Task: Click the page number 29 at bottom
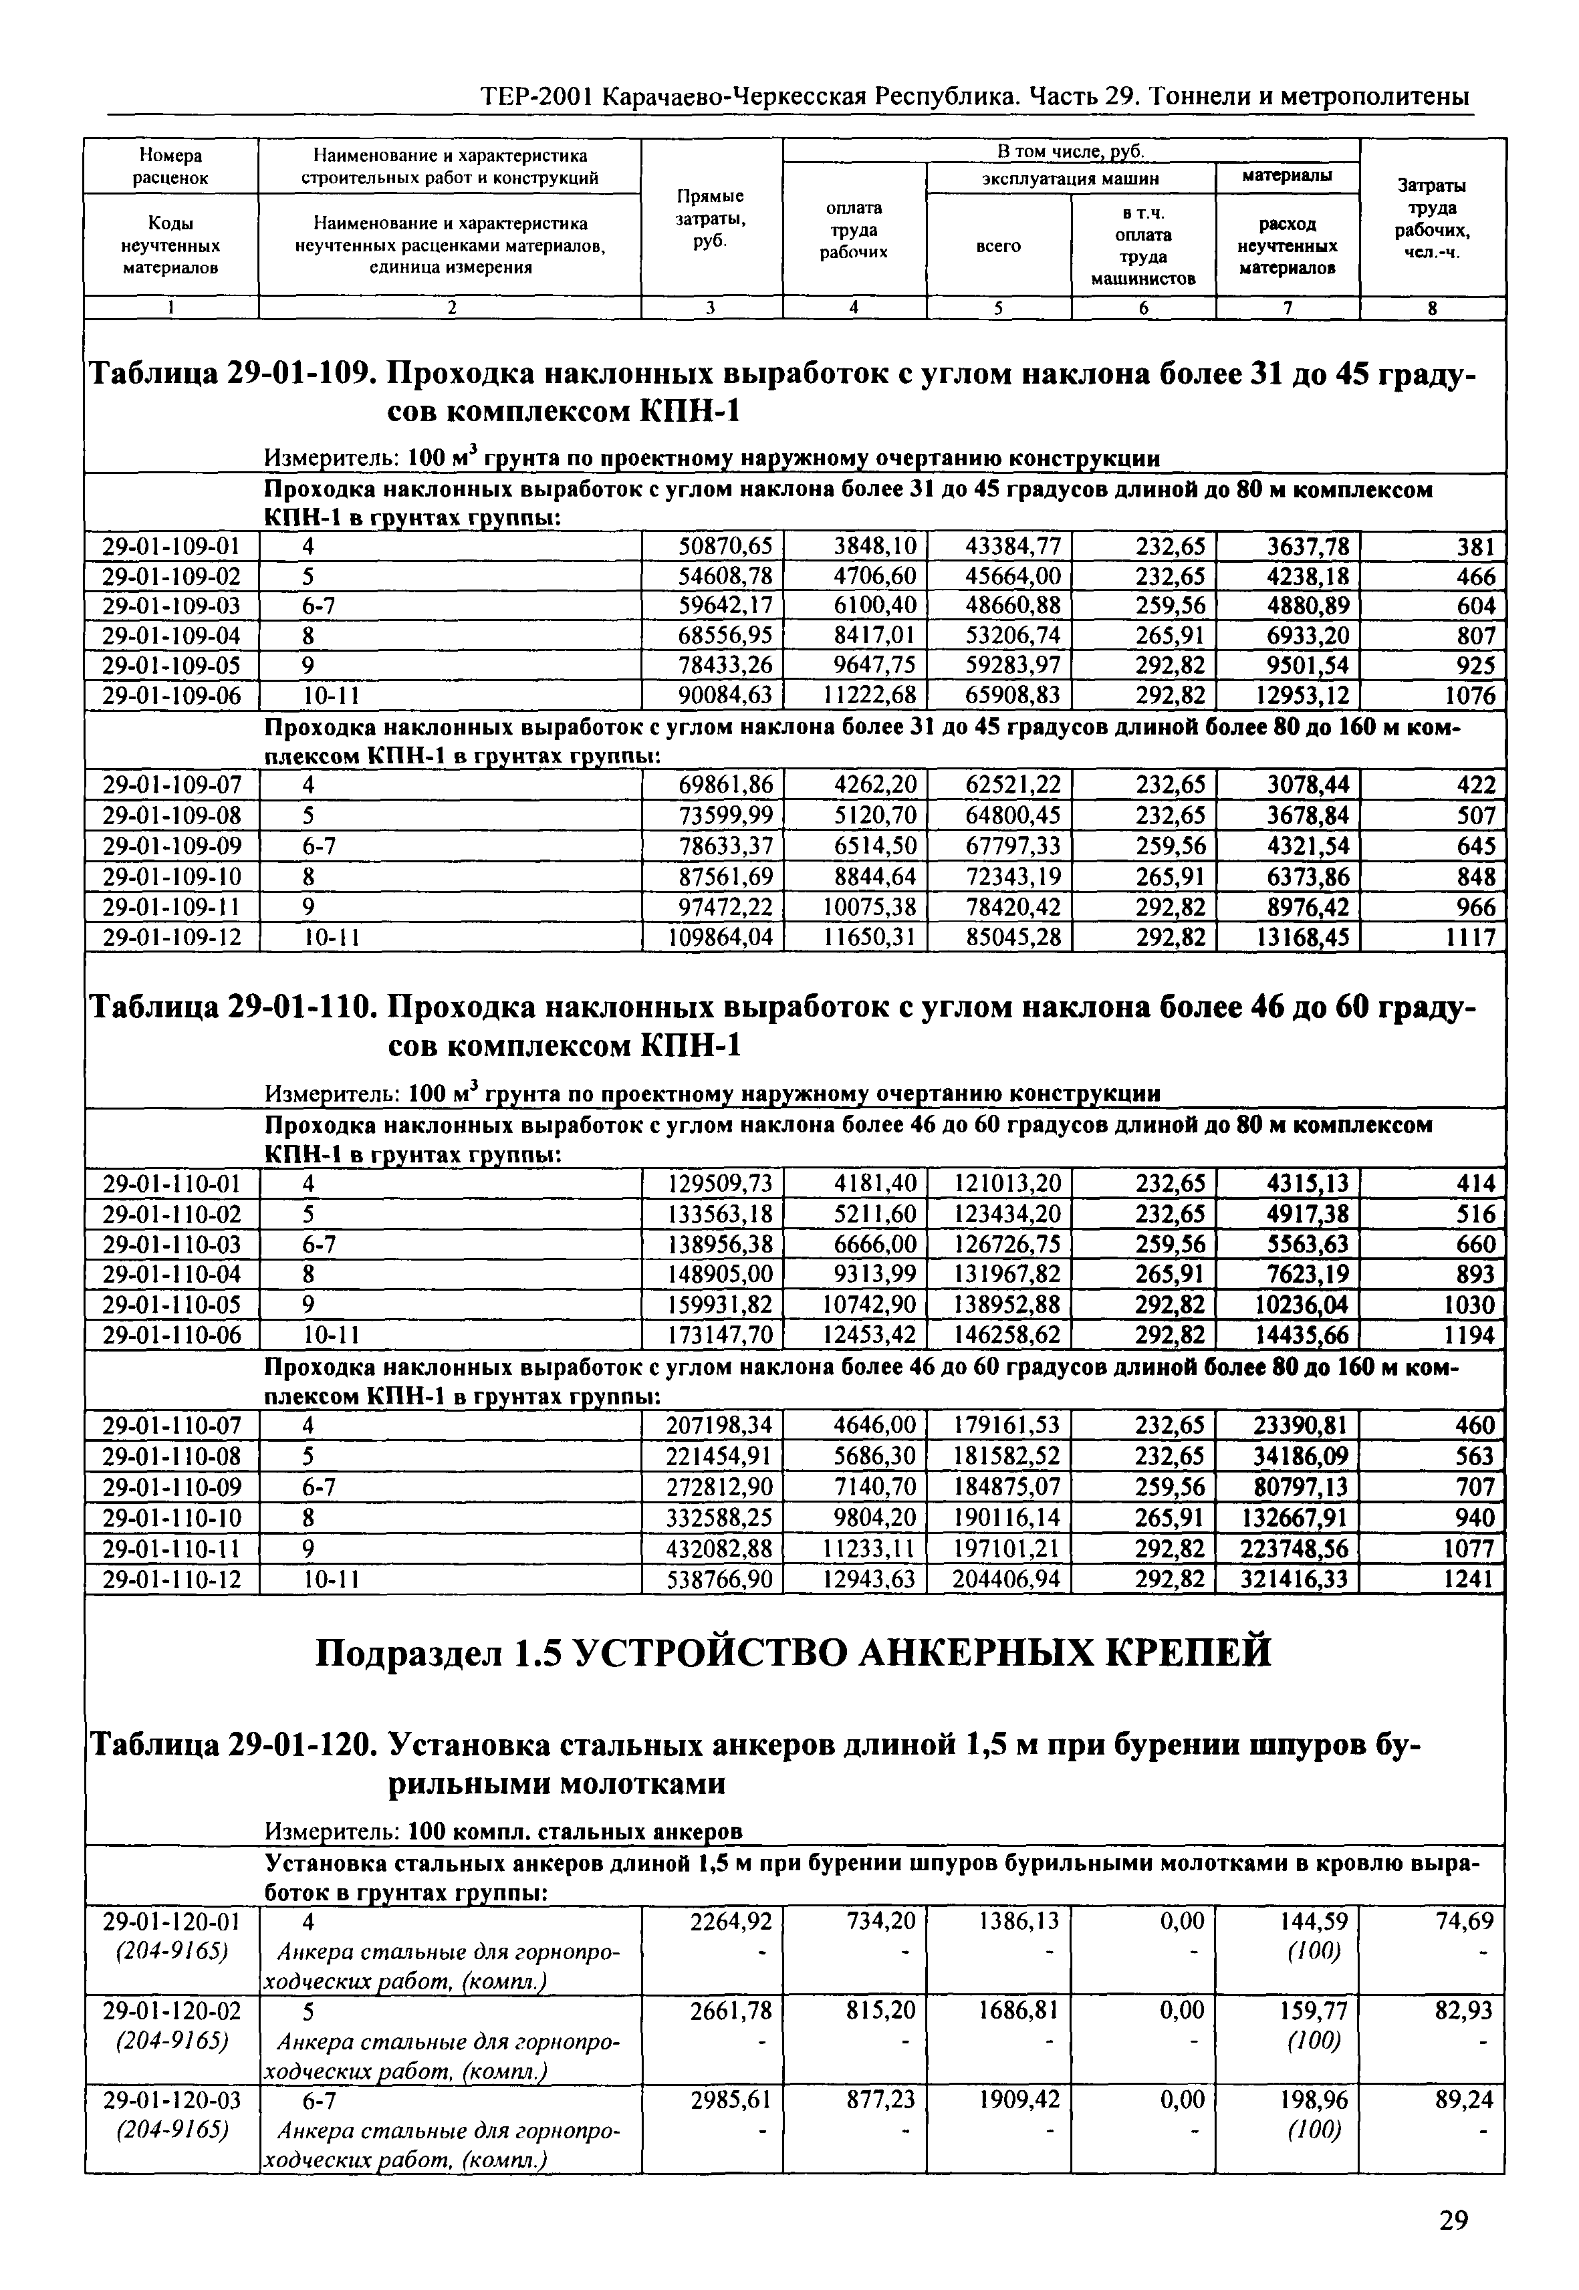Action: pyautogui.click(x=1453, y=2220)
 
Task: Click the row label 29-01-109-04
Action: pyautogui.click(x=171, y=635)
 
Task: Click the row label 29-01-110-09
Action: pyautogui.click(x=171, y=1487)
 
